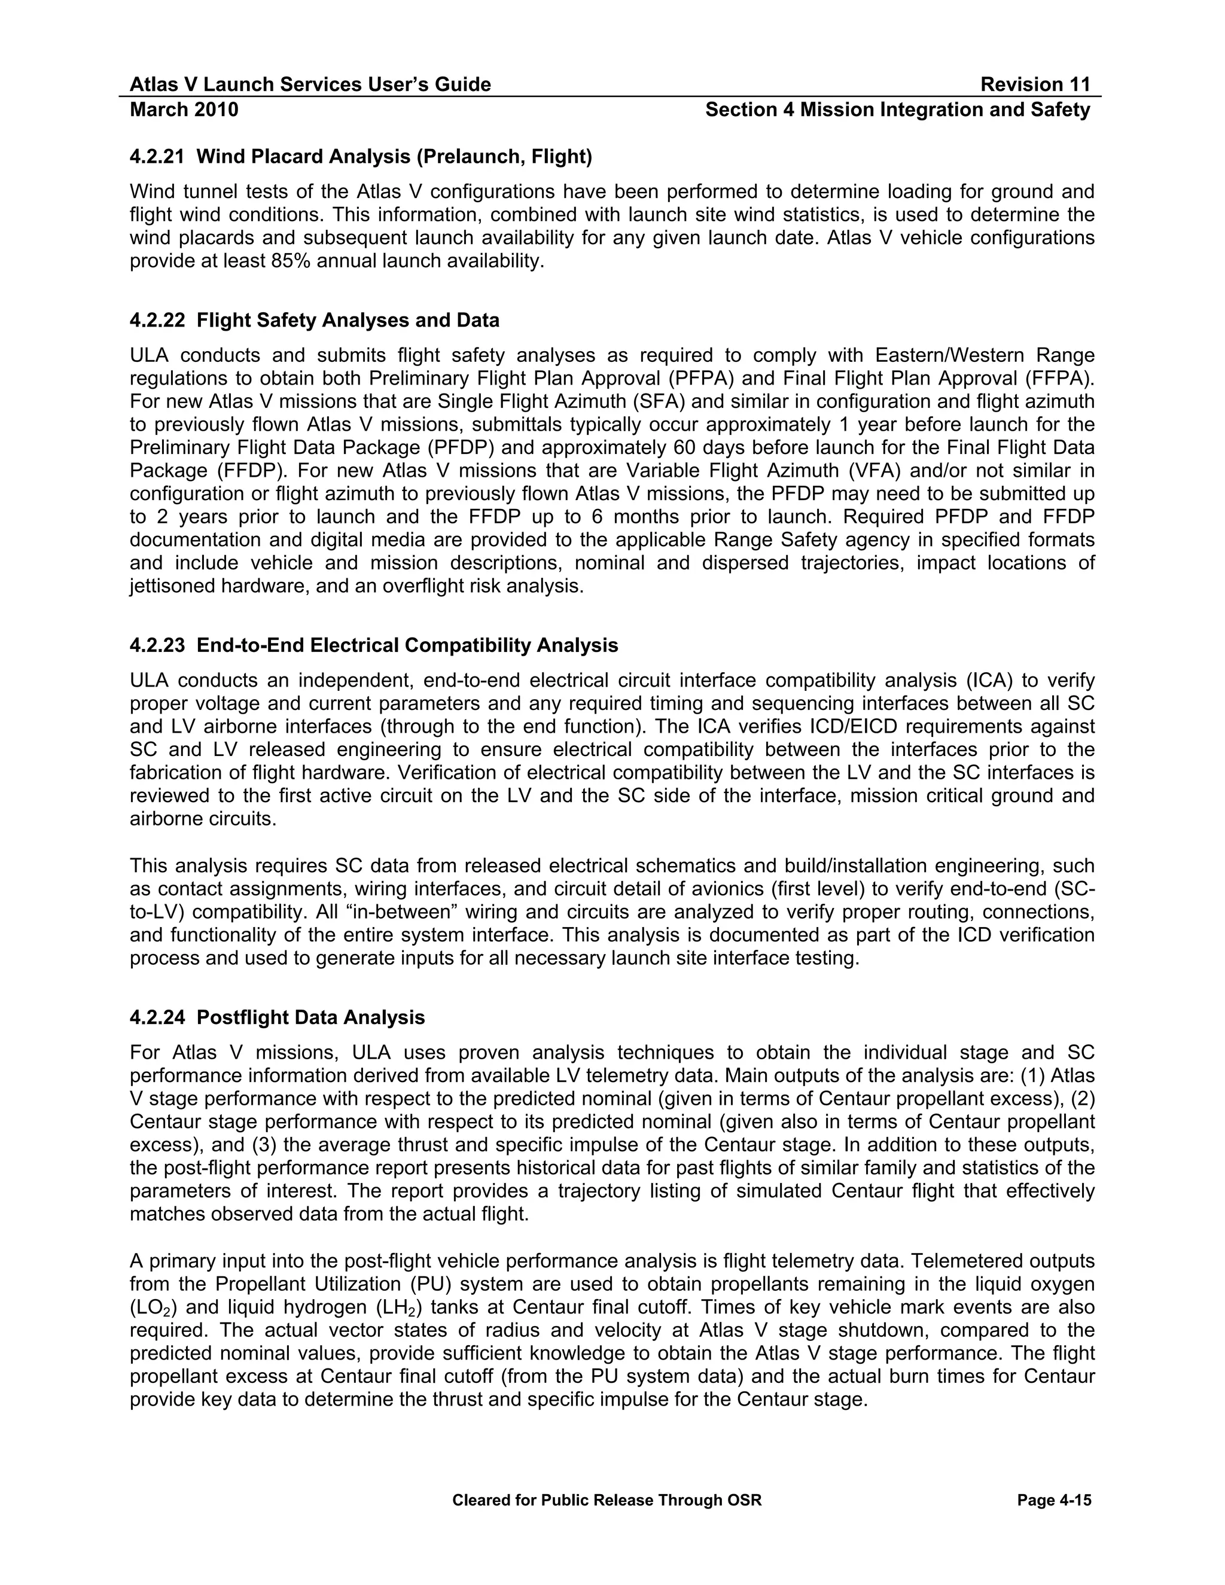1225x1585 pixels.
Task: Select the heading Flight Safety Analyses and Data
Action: [348, 320]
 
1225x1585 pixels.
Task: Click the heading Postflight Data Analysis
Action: [310, 1017]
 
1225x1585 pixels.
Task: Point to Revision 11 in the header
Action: [1035, 85]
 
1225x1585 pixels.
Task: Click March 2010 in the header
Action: [184, 110]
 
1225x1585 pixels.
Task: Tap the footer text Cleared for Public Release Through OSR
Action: [607, 1500]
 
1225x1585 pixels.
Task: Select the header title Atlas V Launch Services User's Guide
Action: [310, 85]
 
